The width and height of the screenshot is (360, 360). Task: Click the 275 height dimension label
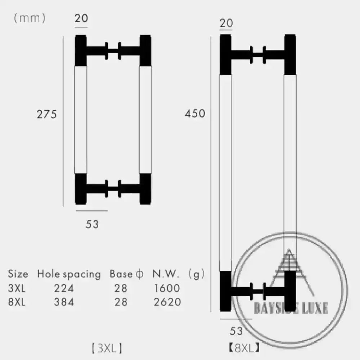click(x=46, y=114)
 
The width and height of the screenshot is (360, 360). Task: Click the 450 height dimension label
click(x=195, y=114)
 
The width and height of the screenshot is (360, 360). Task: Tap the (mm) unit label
click(x=30, y=18)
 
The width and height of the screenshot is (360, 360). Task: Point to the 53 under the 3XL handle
click(x=92, y=224)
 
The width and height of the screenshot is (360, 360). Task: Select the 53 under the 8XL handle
click(x=236, y=331)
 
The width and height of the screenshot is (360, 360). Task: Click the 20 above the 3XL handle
click(x=81, y=18)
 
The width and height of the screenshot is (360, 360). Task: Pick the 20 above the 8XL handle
click(x=226, y=23)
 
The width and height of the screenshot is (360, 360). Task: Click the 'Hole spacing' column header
click(x=69, y=274)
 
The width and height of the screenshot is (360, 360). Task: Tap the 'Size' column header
click(x=18, y=274)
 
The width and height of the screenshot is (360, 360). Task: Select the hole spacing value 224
click(x=64, y=288)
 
